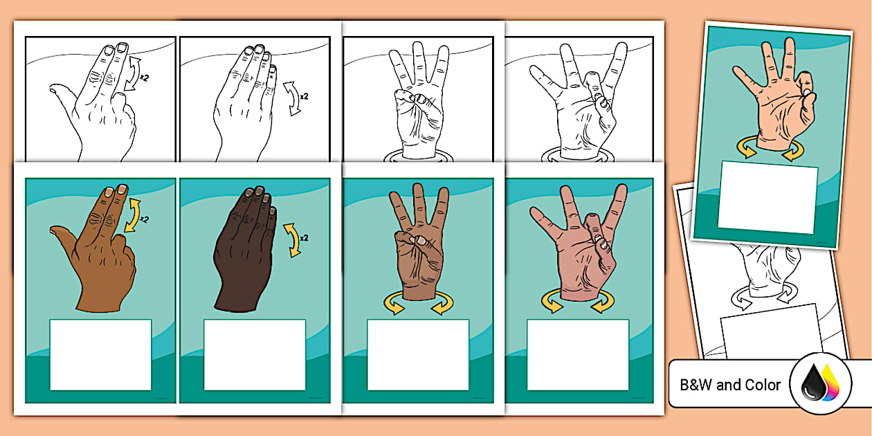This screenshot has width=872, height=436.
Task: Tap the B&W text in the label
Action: pyautogui.click(x=696, y=385)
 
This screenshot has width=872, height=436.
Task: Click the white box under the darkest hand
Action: pyautogui.click(x=254, y=354)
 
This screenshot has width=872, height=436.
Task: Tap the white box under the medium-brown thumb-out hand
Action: pyautogui.click(x=100, y=354)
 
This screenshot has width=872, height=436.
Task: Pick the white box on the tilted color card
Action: pyautogui.click(x=768, y=198)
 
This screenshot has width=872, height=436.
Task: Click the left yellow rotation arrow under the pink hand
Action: pyautogui.click(x=552, y=302)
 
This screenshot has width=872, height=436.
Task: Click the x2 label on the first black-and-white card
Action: pyautogui.click(x=143, y=78)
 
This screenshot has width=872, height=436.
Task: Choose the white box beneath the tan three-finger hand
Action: pyautogui.click(x=417, y=354)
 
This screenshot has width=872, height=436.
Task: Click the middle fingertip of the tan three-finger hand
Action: pyautogui.click(x=418, y=190)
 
